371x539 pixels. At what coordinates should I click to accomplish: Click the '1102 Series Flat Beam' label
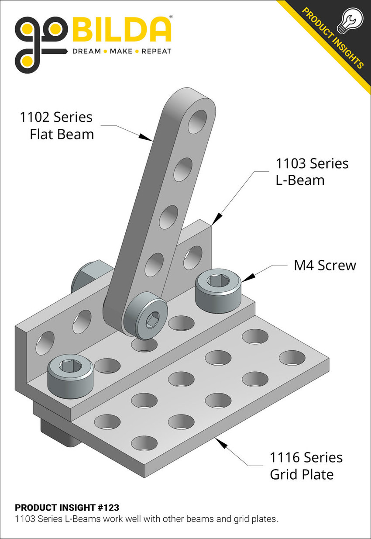pos(57,125)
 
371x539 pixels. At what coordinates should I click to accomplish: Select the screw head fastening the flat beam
pos(145,316)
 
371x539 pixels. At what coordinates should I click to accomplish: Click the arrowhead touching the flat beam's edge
pos(146,137)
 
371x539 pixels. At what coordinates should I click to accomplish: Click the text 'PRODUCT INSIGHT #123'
pos(67,508)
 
